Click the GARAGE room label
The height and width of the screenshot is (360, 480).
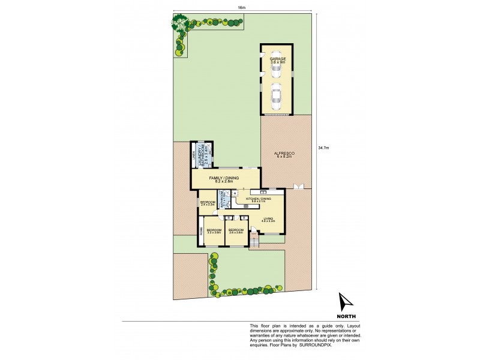(277, 59)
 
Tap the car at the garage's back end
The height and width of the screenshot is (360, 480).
(277, 70)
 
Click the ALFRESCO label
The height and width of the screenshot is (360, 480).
(286, 154)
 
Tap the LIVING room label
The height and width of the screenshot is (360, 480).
(268, 220)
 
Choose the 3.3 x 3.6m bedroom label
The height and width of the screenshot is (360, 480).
(214, 232)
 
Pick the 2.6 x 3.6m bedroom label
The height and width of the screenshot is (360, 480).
(236, 231)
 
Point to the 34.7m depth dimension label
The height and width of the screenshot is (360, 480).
(324, 147)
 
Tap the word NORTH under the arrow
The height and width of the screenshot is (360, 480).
(346, 316)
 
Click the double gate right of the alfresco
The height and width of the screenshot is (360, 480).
(298, 187)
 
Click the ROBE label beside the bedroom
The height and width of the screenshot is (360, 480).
(201, 231)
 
